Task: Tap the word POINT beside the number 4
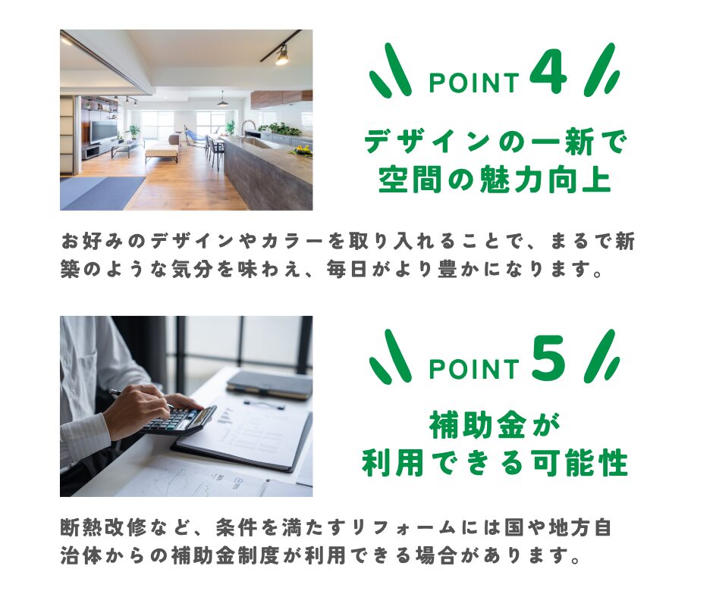point(474,83)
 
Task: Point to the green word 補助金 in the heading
point(477,425)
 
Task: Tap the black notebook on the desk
point(269,386)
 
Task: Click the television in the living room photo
point(99,132)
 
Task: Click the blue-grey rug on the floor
point(102,193)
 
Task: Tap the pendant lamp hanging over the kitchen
point(222,101)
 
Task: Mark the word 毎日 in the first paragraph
point(346,270)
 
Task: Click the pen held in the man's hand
point(137,397)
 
